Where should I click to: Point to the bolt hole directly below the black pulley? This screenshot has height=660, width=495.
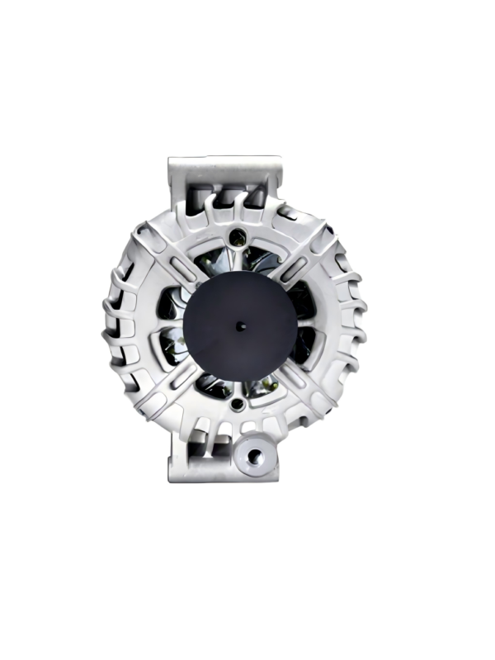click(238, 405)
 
